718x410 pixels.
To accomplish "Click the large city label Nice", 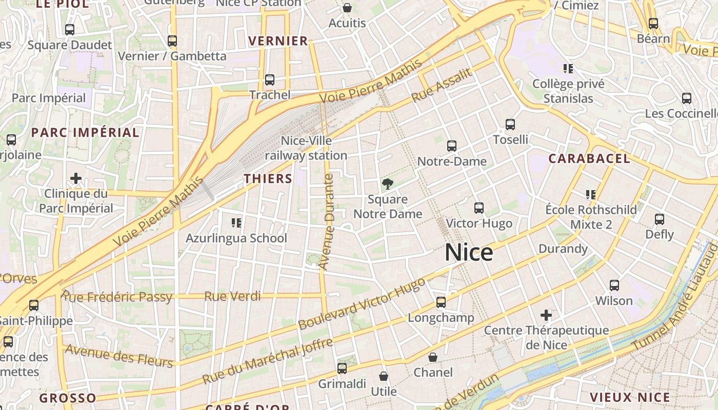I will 469,253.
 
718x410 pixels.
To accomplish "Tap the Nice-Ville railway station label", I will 306,148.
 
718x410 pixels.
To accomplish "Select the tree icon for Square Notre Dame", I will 388,184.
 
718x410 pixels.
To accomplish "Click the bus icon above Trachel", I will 269,80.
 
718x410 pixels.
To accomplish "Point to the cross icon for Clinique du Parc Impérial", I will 76,178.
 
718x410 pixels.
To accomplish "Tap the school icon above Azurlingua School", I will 236,223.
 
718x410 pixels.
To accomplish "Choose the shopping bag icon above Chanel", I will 433,357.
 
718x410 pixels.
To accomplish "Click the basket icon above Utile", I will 383,377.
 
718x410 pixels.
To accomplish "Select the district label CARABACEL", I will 589,159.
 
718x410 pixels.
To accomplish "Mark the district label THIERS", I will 268,178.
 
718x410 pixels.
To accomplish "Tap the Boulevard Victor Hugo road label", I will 362,304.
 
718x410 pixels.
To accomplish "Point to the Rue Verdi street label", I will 232,296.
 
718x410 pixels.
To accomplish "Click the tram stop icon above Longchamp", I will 441,302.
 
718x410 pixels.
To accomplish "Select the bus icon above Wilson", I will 614,285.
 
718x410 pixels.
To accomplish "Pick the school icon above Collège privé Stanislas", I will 568,68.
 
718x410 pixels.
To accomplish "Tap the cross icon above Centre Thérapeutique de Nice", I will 546,315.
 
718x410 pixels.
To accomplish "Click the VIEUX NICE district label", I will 630,397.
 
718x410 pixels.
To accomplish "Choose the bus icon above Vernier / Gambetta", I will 172,41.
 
